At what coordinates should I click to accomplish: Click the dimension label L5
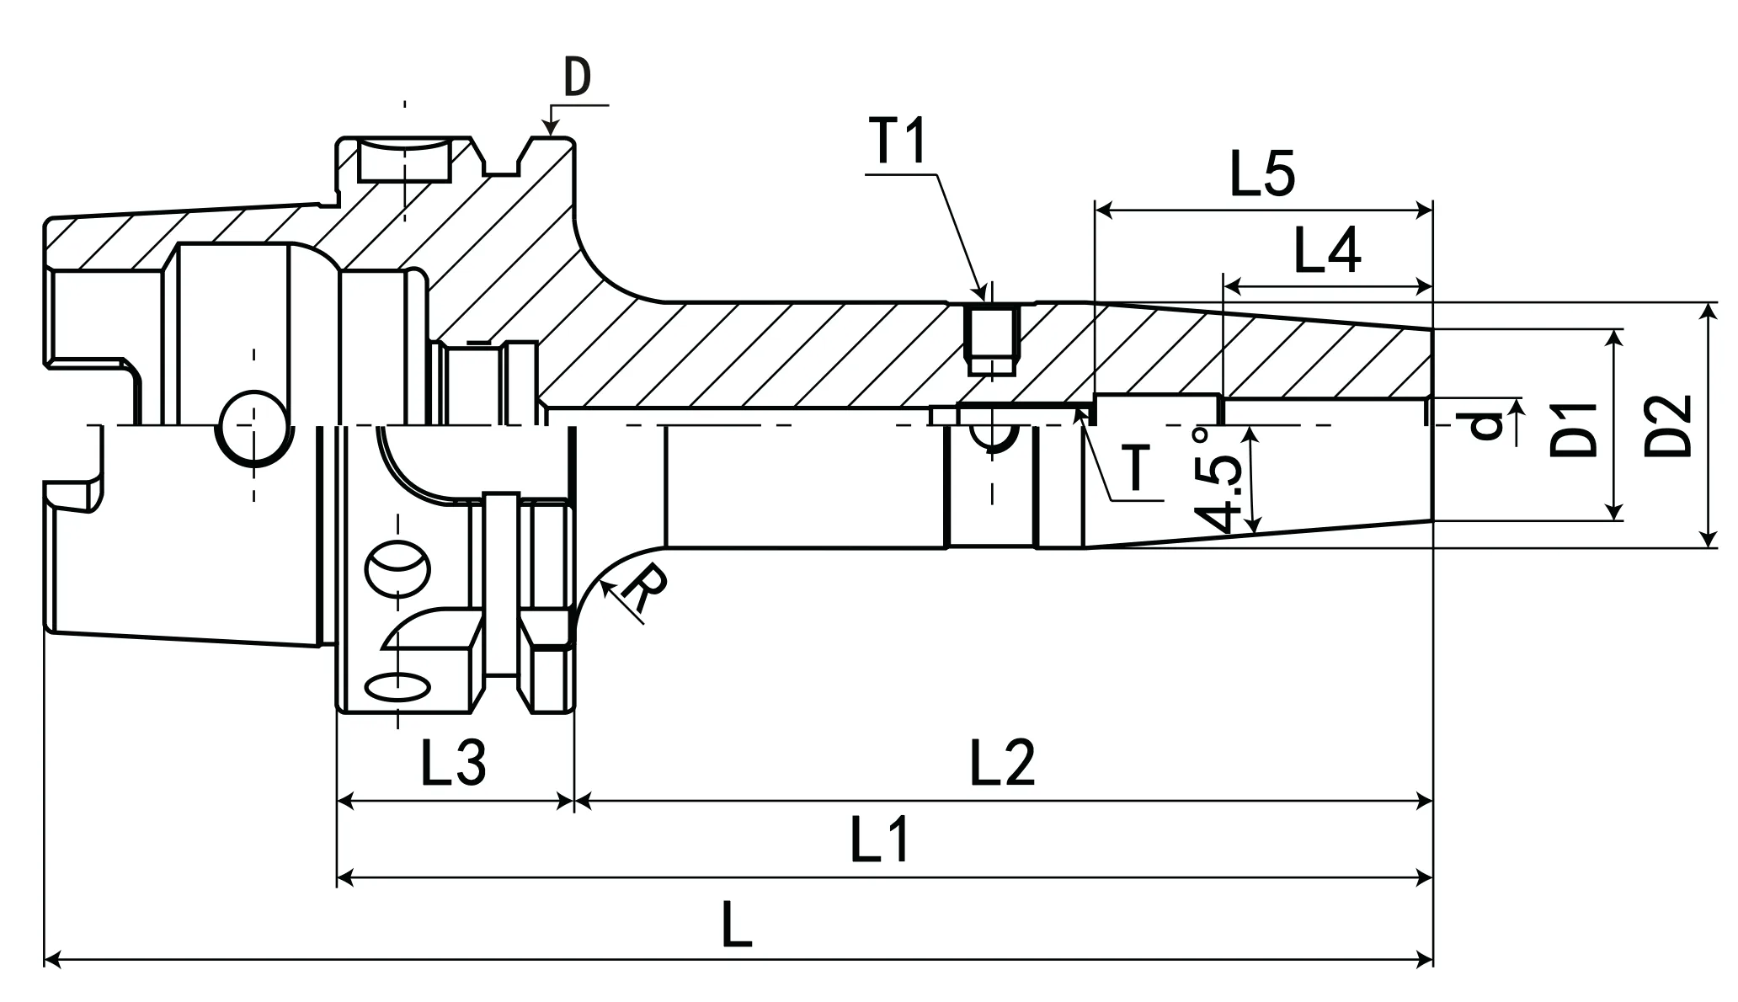point(1262,175)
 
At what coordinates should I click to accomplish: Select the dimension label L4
point(1326,251)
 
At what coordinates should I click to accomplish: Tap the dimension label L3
point(453,762)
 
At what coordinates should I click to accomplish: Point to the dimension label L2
point(1002,762)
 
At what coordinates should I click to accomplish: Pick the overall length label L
point(737,925)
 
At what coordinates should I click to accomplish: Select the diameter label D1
point(1573,429)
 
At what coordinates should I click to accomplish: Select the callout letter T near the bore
point(1137,468)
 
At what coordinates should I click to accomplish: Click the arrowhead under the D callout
point(550,128)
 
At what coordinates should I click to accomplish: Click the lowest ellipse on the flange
point(398,686)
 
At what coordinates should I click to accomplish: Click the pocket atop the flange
point(404,160)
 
